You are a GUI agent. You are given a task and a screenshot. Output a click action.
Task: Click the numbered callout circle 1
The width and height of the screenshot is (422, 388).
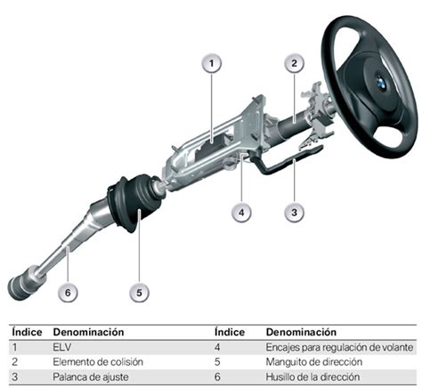(x=212, y=63)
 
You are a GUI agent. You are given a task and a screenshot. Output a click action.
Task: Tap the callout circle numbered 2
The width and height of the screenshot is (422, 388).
(x=294, y=63)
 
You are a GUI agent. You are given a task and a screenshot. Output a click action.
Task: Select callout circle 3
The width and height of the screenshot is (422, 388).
(x=294, y=213)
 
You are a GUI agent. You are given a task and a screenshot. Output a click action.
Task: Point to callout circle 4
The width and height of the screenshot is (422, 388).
(x=241, y=213)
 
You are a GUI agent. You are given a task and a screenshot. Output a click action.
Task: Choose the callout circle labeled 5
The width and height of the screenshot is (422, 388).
(x=139, y=293)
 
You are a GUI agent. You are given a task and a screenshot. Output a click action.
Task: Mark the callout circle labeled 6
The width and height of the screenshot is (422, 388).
(x=68, y=293)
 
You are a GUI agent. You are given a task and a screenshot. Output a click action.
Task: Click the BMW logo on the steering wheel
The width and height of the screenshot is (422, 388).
(x=381, y=81)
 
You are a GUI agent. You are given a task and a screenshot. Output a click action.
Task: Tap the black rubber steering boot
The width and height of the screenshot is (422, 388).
(x=135, y=202)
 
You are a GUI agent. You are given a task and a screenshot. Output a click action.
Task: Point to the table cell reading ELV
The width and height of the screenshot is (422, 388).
(x=62, y=347)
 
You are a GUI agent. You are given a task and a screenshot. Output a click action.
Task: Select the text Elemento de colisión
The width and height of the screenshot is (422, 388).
(x=98, y=362)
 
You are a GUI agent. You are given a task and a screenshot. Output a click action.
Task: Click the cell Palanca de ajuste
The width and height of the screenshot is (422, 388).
(x=91, y=377)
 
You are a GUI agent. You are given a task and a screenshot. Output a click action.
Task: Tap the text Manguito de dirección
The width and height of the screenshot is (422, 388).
(x=314, y=362)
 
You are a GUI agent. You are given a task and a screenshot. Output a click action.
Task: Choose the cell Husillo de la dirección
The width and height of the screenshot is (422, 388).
(x=312, y=377)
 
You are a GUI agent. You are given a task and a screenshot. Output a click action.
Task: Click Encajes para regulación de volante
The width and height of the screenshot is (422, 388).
(x=339, y=347)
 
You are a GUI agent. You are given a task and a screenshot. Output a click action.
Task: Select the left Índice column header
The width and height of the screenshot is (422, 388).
(x=27, y=332)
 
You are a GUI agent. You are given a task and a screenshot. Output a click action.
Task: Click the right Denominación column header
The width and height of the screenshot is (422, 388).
(x=301, y=332)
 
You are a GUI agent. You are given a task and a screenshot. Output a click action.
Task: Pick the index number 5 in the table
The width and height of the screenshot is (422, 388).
(x=217, y=362)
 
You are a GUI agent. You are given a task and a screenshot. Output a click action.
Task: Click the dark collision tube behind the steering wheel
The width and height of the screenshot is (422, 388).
(x=292, y=125)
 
